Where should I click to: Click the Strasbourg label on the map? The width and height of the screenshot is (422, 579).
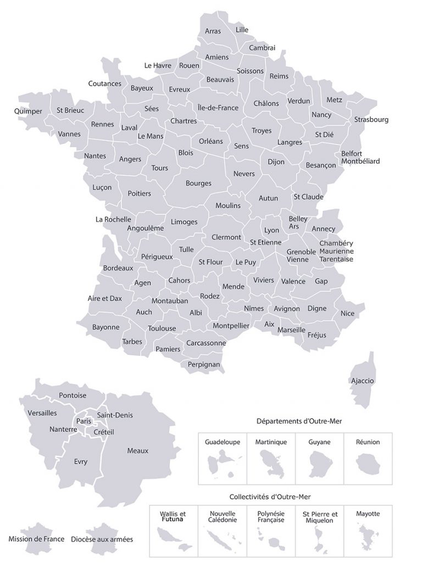371,119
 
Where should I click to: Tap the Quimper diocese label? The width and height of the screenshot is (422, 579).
28,111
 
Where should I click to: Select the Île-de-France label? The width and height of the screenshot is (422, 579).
218,108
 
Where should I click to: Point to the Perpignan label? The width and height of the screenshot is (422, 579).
203,364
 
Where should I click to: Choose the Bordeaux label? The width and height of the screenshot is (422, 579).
118,268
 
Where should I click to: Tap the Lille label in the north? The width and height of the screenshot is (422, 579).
242,29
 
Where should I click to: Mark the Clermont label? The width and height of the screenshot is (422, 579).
226,237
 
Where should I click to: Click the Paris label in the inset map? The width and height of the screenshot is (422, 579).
84,421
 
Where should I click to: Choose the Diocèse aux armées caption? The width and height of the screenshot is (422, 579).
102,539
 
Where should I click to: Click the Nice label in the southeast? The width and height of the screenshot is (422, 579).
347,313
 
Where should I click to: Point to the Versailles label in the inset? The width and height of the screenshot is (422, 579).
42,413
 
